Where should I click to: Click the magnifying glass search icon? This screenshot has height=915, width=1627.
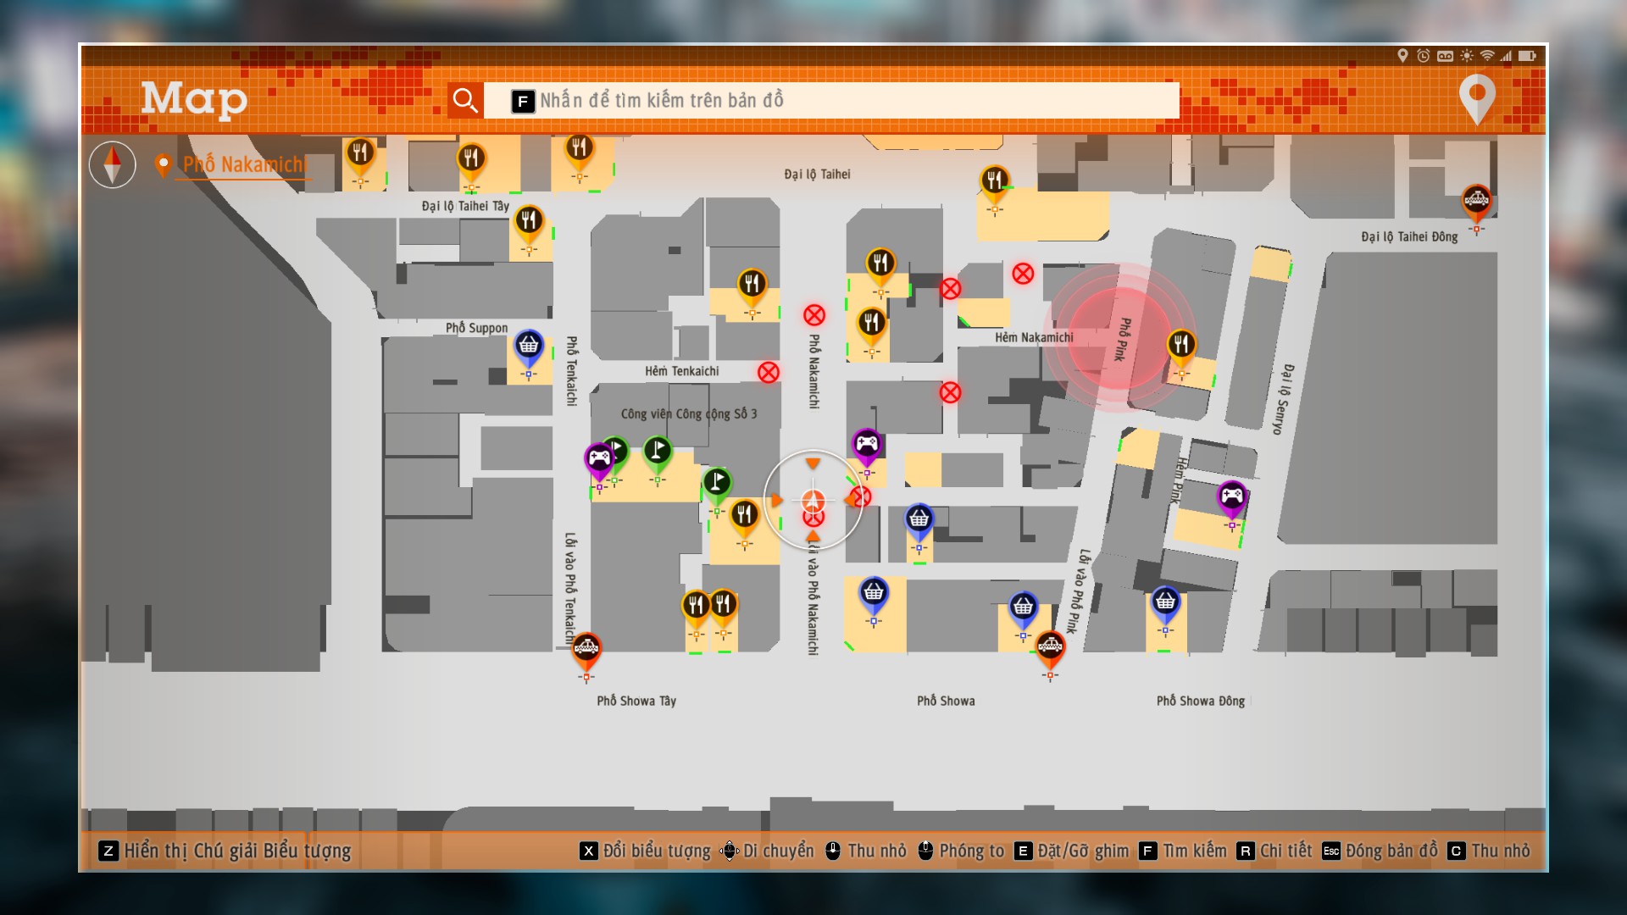[x=465, y=100]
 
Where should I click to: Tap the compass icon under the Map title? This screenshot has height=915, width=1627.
[x=113, y=164]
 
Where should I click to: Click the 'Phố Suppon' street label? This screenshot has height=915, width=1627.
[x=476, y=328]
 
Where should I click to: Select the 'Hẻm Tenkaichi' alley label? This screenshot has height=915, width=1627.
[x=681, y=371]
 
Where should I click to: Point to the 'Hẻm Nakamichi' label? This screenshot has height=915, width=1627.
[x=1034, y=337]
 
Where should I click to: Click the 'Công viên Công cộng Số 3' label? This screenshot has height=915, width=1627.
[x=689, y=414]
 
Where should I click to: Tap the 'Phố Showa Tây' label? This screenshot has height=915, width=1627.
[x=636, y=701]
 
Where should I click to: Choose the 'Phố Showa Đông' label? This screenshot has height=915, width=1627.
[x=1201, y=701]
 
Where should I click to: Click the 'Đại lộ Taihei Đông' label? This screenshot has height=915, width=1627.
[x=1409, y=237]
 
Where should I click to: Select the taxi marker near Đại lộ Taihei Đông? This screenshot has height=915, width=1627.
[x=1476, y=203]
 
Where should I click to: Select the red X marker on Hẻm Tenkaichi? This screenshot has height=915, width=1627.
[x=769, y=372]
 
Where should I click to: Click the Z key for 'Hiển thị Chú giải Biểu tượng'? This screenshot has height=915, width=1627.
[x=108, y=851]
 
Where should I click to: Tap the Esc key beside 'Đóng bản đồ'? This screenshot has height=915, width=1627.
[x=1331, y=851]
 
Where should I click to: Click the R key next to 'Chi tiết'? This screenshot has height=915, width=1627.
[x=1245, y=851]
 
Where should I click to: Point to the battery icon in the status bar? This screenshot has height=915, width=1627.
[x=1527, y=56]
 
